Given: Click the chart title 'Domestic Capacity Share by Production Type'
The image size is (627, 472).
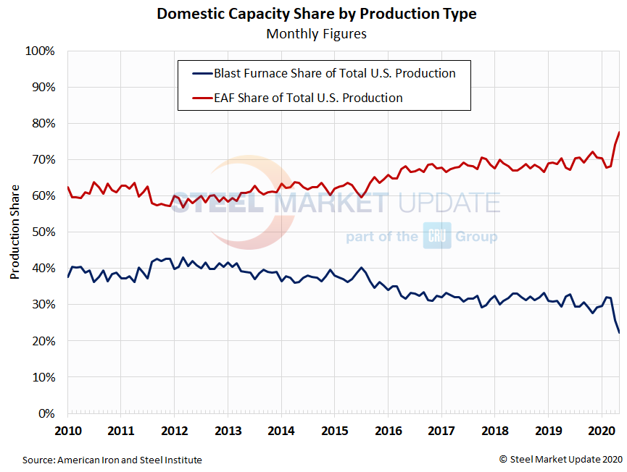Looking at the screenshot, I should coord(317,14).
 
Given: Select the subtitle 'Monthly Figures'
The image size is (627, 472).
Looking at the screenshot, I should coord(317,33).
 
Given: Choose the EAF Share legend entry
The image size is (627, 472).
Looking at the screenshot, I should coord(308,98).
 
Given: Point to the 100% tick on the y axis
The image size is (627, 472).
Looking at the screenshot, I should coord(41,51).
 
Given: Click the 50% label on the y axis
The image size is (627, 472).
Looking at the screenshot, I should coord(43,232).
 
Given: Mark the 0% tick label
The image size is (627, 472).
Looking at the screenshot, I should coord(46,413).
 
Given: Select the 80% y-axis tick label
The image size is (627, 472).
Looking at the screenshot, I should coord(43,124).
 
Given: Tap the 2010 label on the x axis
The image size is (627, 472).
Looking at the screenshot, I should coord(67,431).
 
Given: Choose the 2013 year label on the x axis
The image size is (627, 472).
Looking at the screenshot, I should coord(228,431).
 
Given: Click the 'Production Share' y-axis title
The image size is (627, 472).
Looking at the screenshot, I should coord(14,232).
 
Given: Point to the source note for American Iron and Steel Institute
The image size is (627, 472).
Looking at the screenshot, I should coord(112,460).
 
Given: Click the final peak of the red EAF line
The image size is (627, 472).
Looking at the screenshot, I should coord(619,132).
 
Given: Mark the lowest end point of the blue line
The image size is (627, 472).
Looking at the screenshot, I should coord(619,332).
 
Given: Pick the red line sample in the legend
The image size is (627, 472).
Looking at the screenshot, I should coord(200,98).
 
